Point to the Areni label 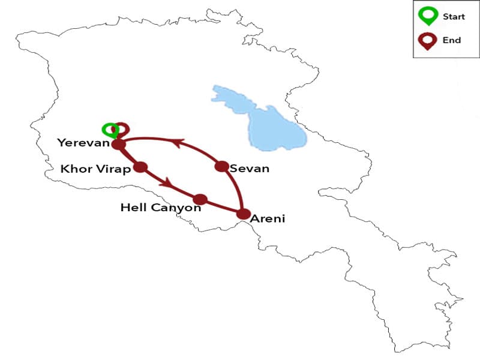[268, 219]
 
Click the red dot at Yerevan [118, 144]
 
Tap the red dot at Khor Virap [140, 167]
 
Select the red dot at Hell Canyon [200, 199]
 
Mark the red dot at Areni [243, 214]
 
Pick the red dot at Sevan [221, 166]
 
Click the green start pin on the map [109, 130]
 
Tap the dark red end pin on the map [122, 129]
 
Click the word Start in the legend [454, 17]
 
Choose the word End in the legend [452, 40]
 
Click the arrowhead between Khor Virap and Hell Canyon [168, 181]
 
